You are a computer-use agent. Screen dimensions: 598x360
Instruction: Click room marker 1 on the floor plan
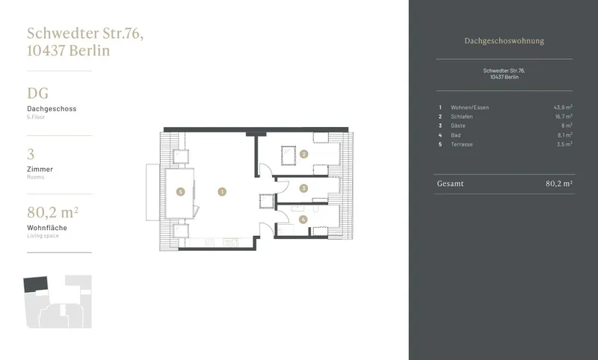click(x=222, y=192)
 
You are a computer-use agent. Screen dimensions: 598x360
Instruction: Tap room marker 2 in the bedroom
click(x=303, y=155)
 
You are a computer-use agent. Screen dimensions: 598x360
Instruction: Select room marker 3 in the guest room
click(x=303, y=188)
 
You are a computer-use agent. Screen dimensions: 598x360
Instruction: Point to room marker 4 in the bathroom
click(x=303, y=220)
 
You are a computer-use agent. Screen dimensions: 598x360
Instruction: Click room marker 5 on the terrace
click(x=180, y=192)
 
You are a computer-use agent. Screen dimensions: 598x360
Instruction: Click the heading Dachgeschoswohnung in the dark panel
click(x=504, y=41)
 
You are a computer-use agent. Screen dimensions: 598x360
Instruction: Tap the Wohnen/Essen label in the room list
click(x=469, y=108)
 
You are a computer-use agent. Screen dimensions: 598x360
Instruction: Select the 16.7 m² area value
click(x=564, y=117)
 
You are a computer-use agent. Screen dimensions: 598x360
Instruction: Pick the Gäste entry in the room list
click(x=457, y=125)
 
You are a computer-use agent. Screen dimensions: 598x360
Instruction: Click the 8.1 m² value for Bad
click(x=565, y=135)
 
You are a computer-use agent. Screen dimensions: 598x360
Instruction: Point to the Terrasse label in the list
click(x=461, y=144)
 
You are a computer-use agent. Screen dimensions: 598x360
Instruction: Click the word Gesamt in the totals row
click(x=450, y=184)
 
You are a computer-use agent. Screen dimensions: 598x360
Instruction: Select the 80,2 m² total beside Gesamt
click(x=558, y=184)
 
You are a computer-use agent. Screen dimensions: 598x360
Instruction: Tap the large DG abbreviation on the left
click(x=38, y=93)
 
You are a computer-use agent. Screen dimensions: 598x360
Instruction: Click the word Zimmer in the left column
click(x=40, y=169)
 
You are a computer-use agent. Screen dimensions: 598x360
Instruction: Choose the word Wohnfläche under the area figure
click(x=47, y=228)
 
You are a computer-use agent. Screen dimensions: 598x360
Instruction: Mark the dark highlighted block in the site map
click(x=35, y=284)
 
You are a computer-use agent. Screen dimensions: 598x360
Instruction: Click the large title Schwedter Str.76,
click(x=85, y=34)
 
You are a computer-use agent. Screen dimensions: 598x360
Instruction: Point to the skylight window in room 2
click(x=289, y=155)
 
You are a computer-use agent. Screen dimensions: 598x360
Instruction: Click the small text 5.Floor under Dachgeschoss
click(x=36, y=117)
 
